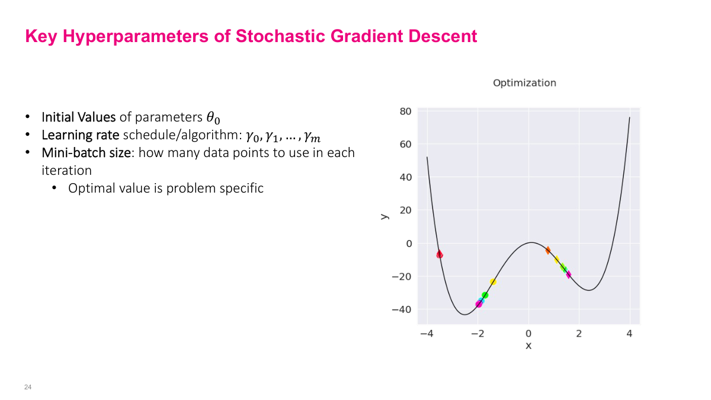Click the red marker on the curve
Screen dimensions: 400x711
(440, 254)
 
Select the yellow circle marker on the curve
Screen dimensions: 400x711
(493, 282)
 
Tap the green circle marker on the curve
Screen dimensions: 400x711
(485, 295)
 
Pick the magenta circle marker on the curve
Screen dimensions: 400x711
(479, 304)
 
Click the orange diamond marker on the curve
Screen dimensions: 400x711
(548, 251)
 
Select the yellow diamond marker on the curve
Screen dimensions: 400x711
(556, 260)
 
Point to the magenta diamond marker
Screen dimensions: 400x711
(568, 274)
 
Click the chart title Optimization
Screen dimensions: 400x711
(524, 83)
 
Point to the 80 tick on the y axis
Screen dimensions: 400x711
(405, 111)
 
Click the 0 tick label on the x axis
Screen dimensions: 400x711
(529, 334)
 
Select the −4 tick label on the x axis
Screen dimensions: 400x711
(426, 334)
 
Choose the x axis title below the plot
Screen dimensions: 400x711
(529, 345)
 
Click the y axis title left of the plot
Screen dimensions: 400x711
(385, 216)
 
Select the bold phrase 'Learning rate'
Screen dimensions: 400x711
(81, 135)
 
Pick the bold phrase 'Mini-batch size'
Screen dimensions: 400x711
(85, 152)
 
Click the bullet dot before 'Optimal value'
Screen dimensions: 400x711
(55, 189)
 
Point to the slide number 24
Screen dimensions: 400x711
(27, 387)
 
